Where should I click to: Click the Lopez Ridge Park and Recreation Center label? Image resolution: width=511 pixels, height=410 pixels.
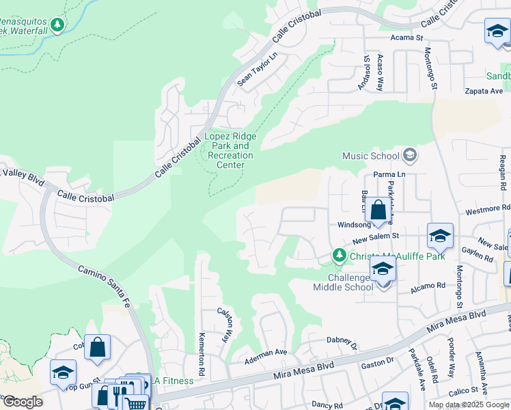230,150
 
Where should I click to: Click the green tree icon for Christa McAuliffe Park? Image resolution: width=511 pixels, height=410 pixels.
339,256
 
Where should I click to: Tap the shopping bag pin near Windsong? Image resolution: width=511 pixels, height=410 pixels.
378,211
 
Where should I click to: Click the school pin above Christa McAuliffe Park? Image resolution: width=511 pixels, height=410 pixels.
440,236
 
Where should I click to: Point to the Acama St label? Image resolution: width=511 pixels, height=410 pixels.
407,38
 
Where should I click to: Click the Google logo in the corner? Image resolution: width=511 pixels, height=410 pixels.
23,402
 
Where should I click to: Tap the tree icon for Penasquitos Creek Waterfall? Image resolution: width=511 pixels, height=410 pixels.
58,25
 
